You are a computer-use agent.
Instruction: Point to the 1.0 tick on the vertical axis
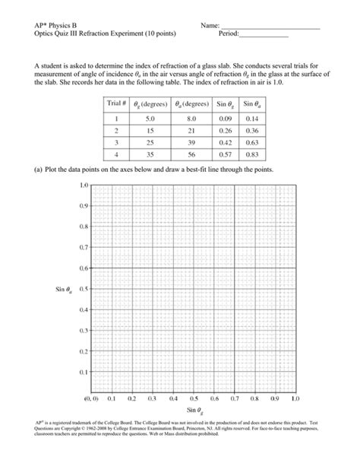[x=84, y=185]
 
